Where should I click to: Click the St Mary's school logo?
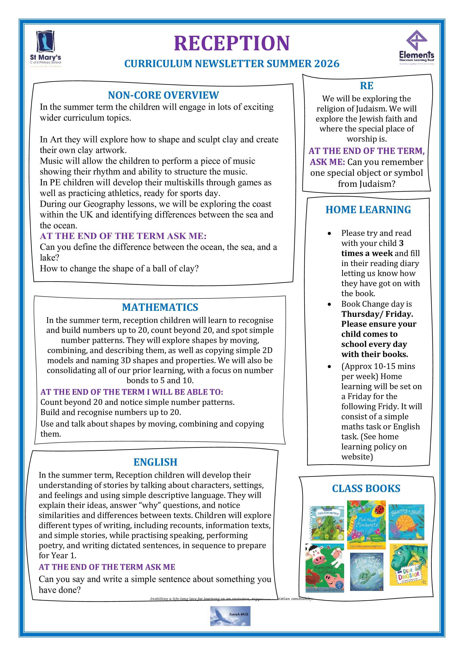click(46, 49)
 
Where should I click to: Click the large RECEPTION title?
click(232, 43)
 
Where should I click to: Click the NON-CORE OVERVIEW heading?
click(163, 95)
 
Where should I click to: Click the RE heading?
click(367, 86)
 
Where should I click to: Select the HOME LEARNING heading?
click(368, 210)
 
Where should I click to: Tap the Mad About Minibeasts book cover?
click(366, 524)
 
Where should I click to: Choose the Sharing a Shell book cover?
click(406, 522)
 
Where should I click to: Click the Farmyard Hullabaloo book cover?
click(324, 568)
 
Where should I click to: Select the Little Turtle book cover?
click(367, 571)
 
